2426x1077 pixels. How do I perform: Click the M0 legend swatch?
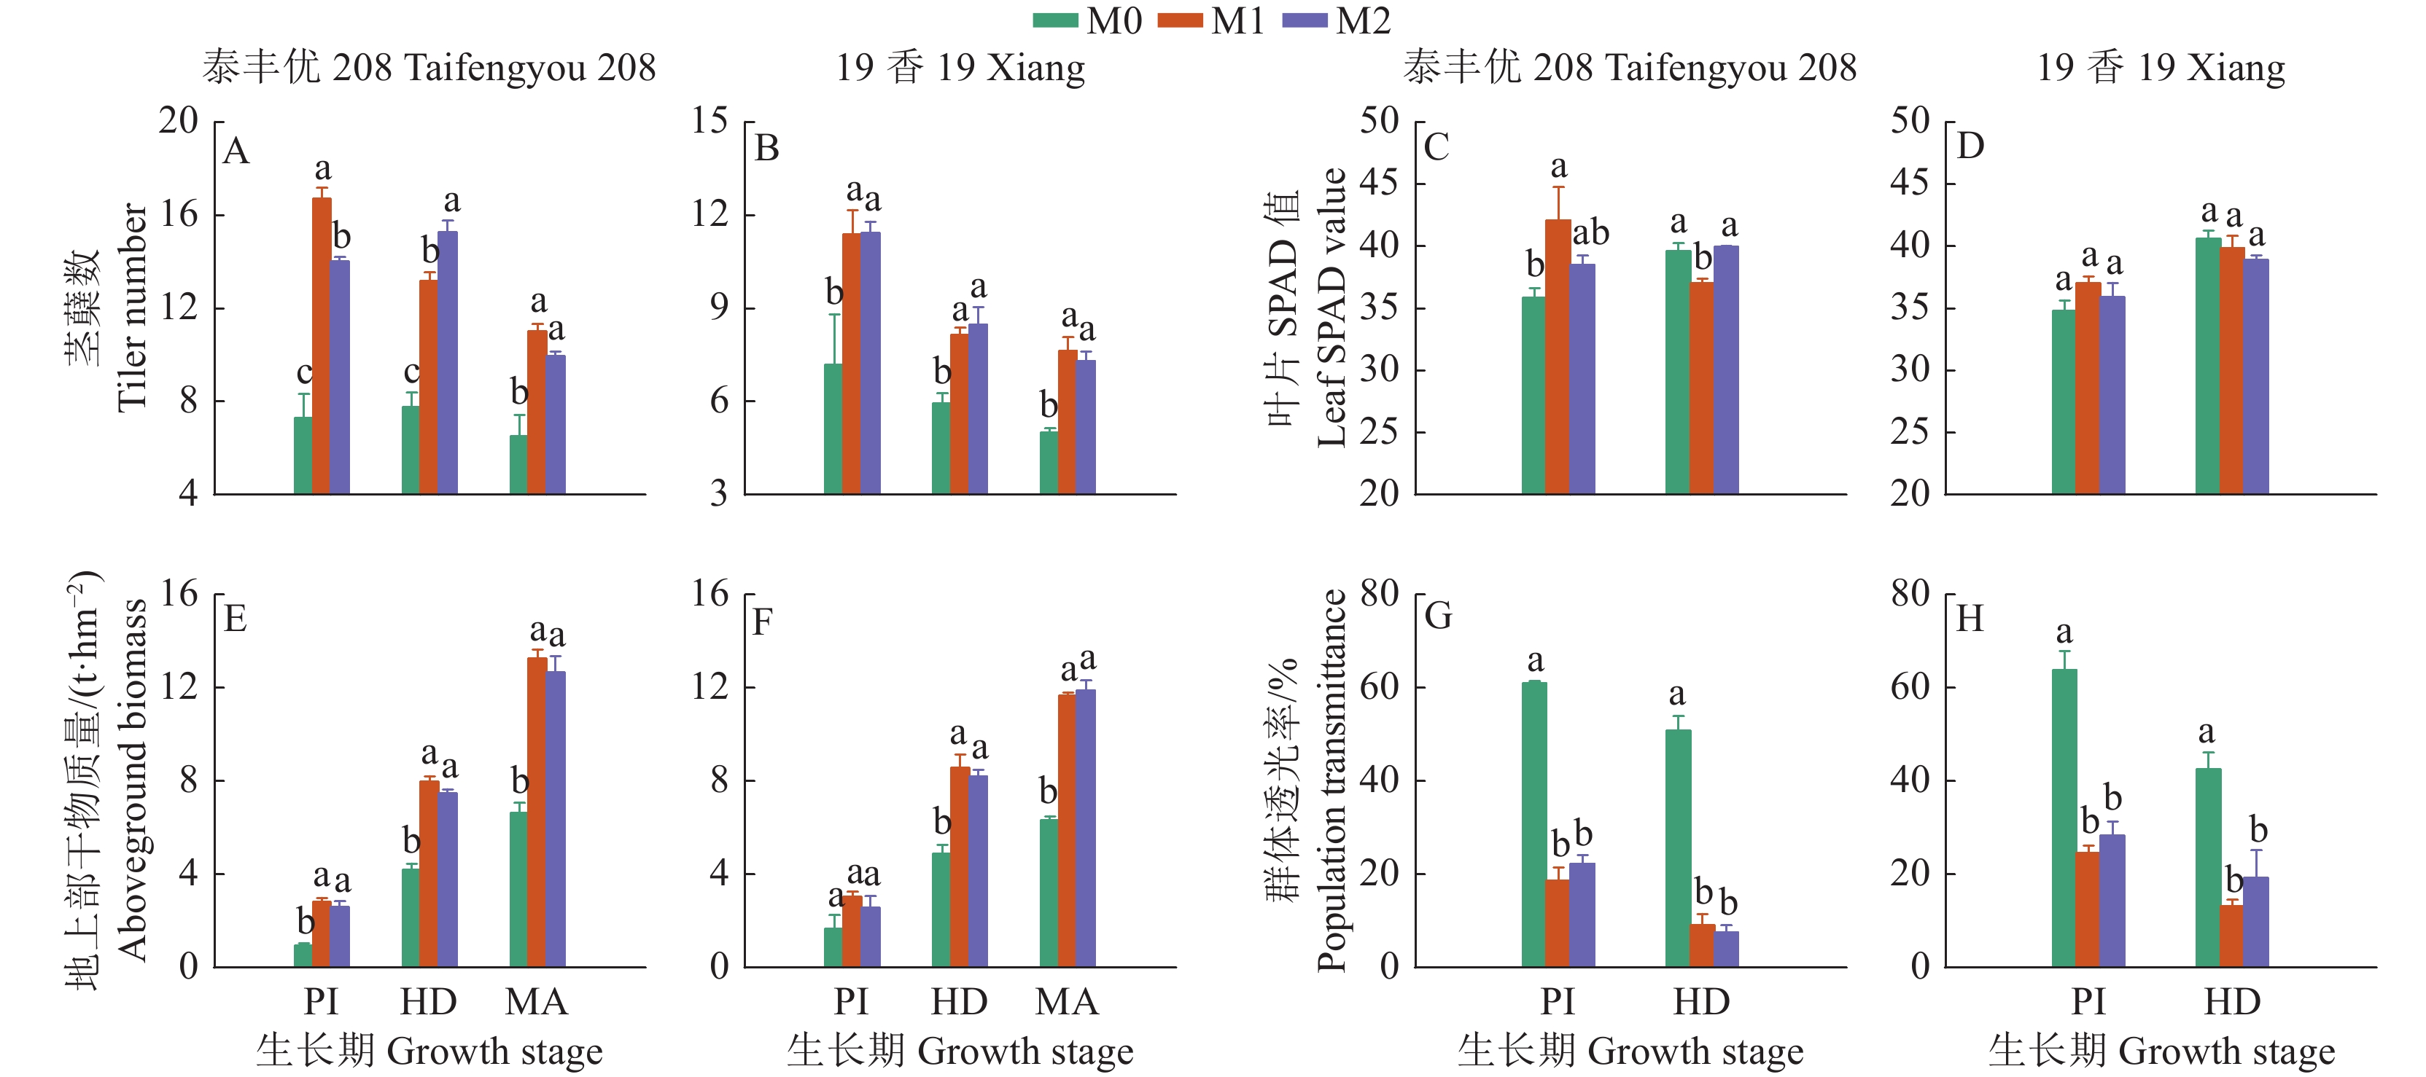tap(1055, 20)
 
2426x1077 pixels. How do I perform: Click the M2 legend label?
tap(1363, 20)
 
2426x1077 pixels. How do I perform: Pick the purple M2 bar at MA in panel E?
tap(556, 819)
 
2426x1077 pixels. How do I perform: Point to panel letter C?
tap(1436, 148)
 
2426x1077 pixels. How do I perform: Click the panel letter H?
tap(1970, 619)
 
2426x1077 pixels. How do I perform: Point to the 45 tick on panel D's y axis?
tap(1909, 183)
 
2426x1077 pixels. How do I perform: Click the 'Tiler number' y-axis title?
tap(132, 308)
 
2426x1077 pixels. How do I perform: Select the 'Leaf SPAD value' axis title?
tap(1331, 308)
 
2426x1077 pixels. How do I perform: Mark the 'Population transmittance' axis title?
tap(1331, 780)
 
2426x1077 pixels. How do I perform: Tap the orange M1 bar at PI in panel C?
tap(1558, 357)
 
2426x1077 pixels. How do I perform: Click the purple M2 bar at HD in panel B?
tap(979, 409)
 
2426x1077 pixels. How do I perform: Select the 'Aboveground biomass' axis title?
tap(132, 780)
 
